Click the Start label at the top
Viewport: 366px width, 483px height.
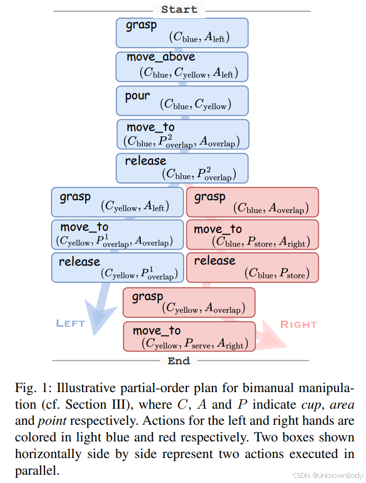[179, 9]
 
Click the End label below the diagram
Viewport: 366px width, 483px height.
[179, 360]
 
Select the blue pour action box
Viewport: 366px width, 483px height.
[182, 101]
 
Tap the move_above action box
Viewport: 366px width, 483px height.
[182, 67]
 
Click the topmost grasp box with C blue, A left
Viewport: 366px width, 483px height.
[182, 33]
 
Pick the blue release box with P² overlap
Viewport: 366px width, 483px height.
[182, 168]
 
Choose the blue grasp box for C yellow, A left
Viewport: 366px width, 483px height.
[118, 202]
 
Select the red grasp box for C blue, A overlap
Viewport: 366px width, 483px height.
[252, 202]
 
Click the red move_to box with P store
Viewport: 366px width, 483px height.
[252, 235]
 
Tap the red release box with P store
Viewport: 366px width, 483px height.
[252, 268]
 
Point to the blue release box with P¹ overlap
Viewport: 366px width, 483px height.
[118, 268]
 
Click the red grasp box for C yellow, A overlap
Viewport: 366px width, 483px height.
[189, 302]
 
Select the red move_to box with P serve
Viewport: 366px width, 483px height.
[190, 337]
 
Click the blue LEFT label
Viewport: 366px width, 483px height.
[70, 323]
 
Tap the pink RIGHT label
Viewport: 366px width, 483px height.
[298, 324]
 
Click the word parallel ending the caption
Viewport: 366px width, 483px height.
[37, 471]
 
